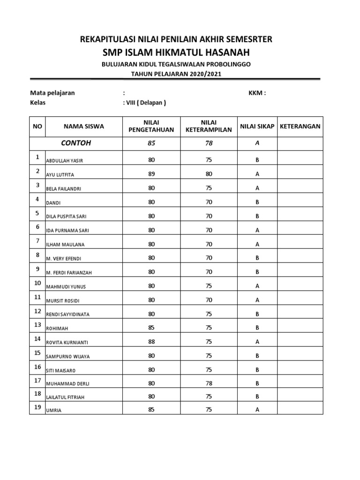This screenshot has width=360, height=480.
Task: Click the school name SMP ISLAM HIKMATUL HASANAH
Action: (x=177, y=52)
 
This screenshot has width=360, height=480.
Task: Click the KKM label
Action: (x=257, y=93)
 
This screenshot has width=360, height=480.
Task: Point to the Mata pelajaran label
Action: (x=52, y=93)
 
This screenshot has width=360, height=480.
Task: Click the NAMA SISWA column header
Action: (x=84, y=126)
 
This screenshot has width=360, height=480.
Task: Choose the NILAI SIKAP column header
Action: (x=257, y=126)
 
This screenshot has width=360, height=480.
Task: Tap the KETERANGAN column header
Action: (x=300, y=126)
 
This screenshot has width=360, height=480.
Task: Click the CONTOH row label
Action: (x=76, y=143)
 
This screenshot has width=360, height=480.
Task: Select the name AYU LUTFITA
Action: (x=60, y=175)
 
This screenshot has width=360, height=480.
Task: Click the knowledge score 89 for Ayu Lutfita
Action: (x=151, y=174)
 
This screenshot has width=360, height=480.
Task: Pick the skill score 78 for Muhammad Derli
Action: (x=209, y=383)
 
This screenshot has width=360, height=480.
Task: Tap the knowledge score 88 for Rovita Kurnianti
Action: (x=151, y=342)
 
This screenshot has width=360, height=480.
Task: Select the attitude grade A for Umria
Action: (x=257, y=409)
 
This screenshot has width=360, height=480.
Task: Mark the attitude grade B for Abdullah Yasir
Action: (x=257, y=160)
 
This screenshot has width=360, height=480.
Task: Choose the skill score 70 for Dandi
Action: (x=209, y=202)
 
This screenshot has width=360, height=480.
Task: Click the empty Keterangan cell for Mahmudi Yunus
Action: (x=300, y=285)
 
